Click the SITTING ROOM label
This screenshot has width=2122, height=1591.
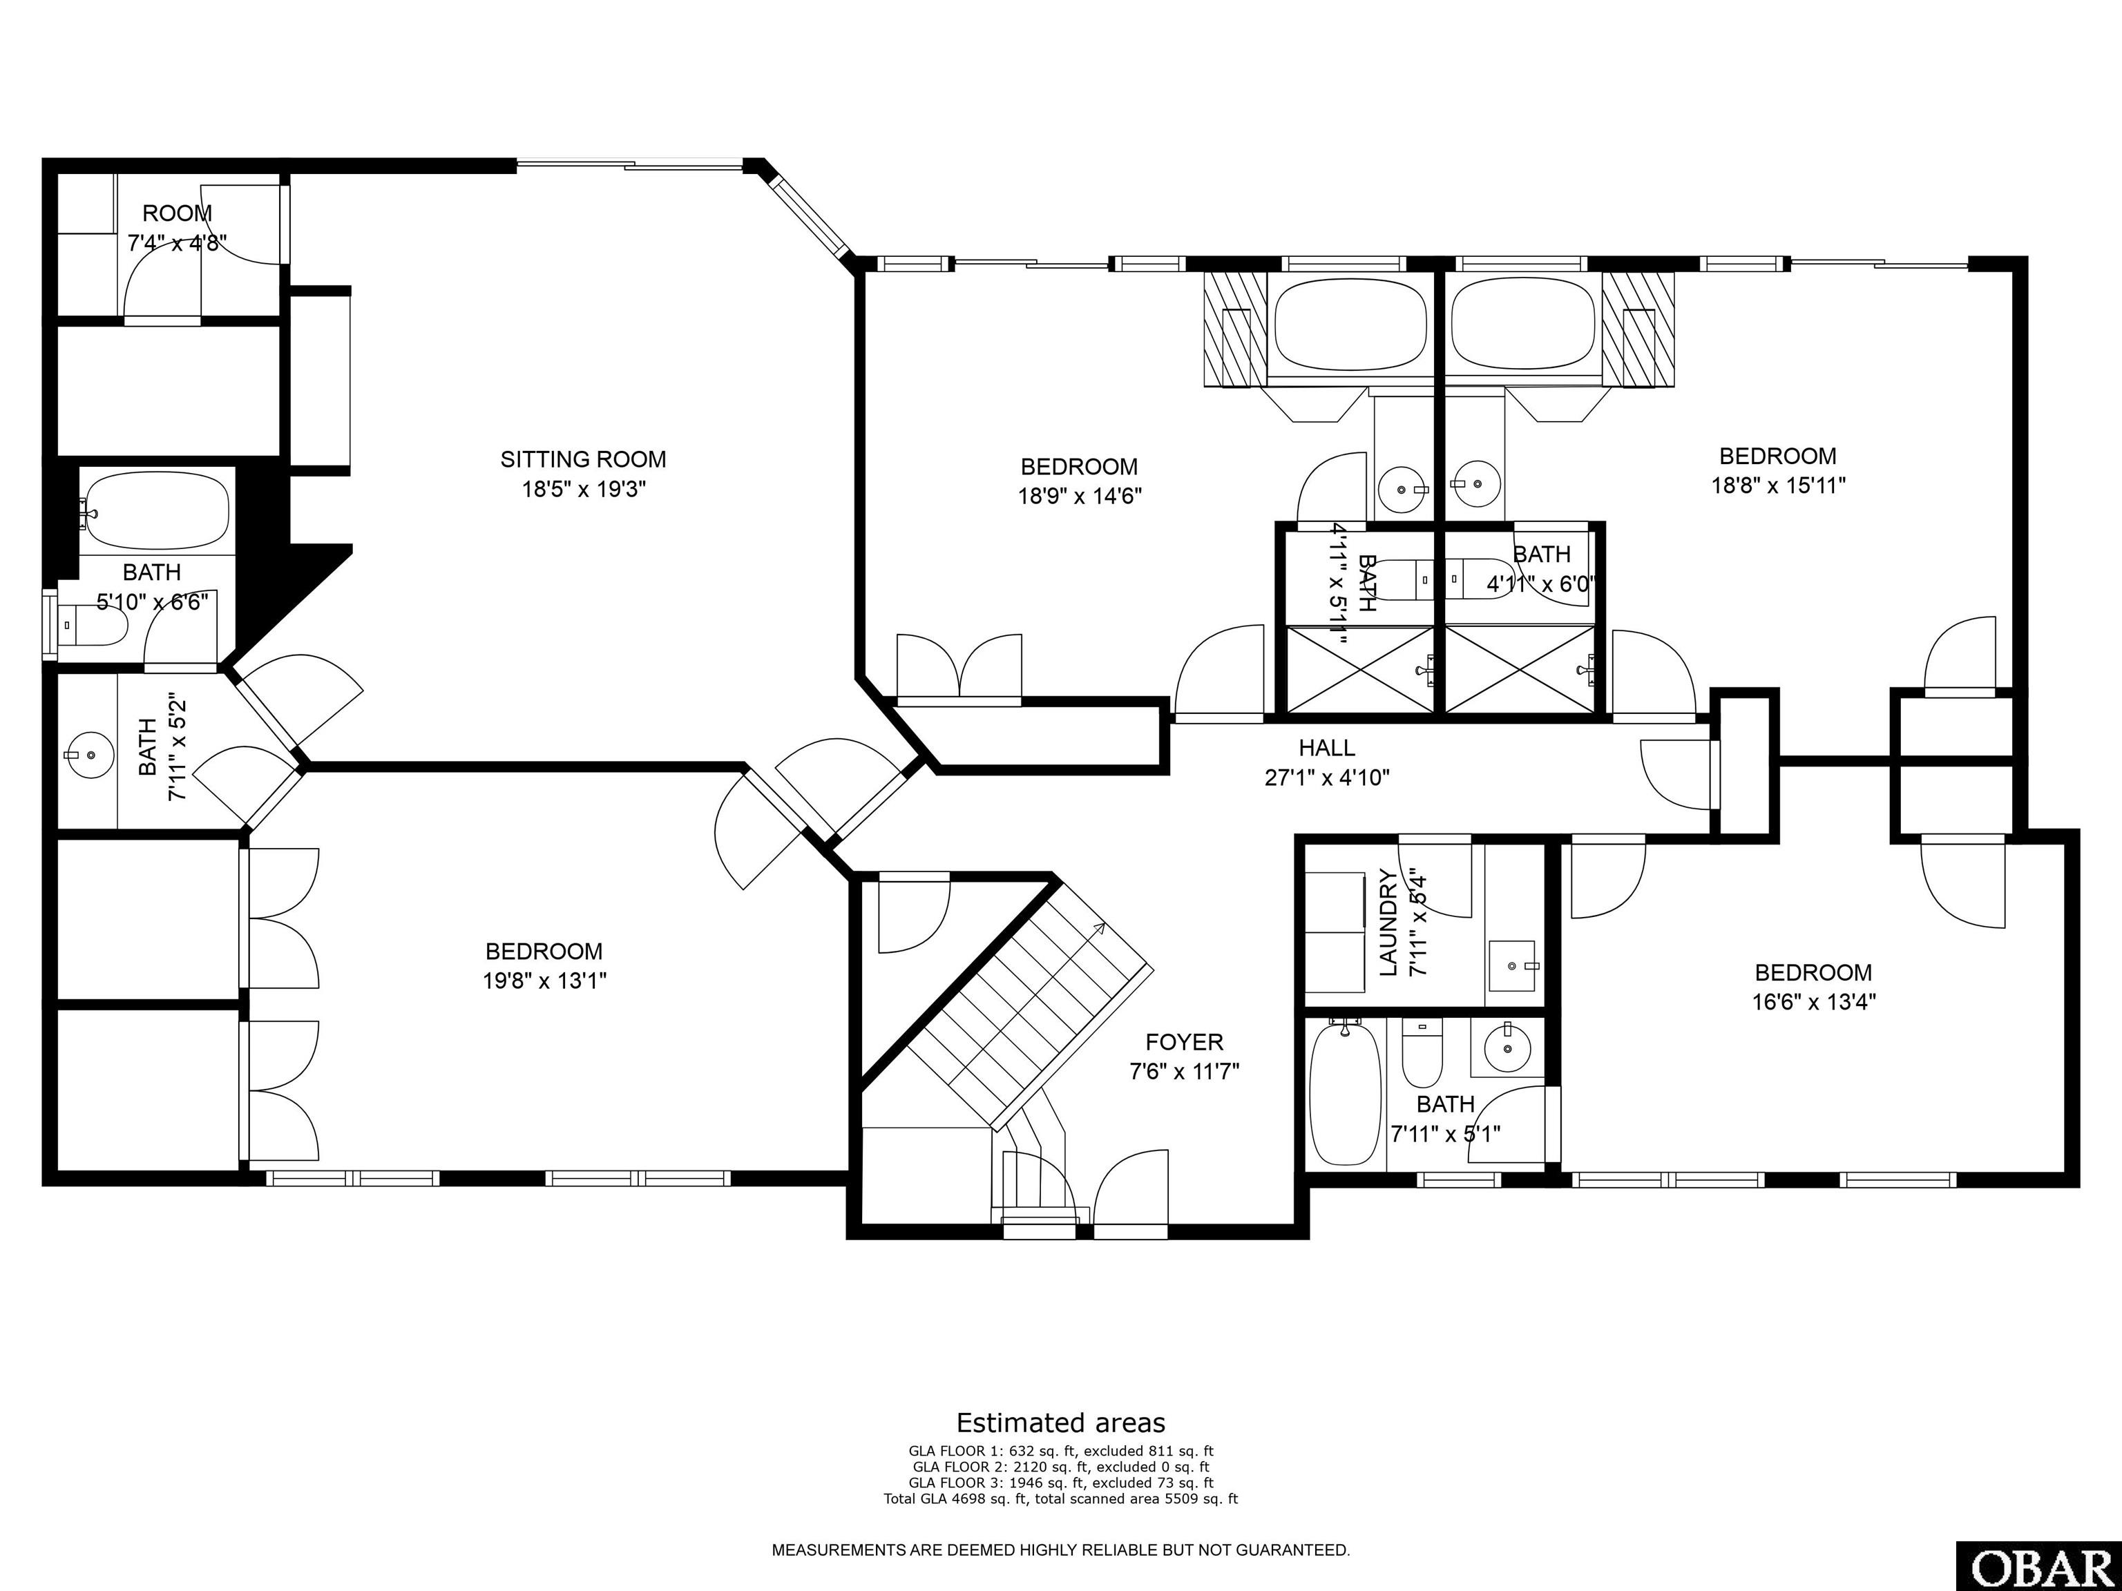583,459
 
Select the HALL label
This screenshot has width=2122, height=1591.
1327,747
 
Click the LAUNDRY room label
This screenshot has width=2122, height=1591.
1387,923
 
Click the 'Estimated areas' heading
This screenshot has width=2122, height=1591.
1061,1423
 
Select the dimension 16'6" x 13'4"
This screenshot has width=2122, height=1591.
1813,1002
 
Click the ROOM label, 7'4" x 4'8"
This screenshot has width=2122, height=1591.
178,213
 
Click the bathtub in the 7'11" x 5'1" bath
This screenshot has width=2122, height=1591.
1346,1092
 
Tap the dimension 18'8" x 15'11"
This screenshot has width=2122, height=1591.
1779,485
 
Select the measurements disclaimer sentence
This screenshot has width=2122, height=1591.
1061,1550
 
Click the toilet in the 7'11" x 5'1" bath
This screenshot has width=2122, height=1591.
1422,1051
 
